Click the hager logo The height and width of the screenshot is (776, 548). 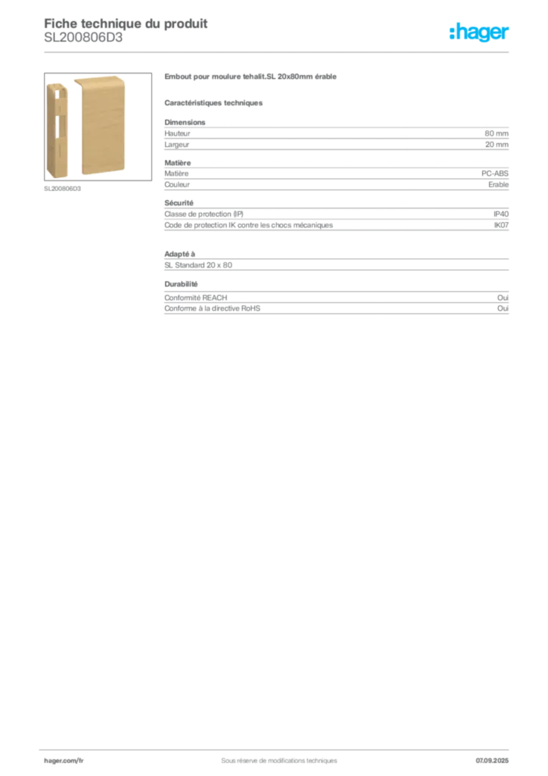tap(479, 33)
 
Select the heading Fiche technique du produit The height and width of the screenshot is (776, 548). tap(126, 23)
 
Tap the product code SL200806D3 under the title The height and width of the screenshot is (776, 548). tap(83, 38)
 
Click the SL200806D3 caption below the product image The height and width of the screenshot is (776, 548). tap(62, 189)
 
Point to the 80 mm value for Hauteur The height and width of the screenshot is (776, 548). tap(496, 133)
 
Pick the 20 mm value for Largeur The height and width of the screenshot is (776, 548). tap(497, 145)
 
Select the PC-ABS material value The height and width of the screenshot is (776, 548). tap(494, 174)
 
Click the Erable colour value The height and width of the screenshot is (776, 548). tap(498, 185)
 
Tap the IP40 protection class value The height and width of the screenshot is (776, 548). tap(501, 214)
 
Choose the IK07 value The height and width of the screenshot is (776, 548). tap(501, 225)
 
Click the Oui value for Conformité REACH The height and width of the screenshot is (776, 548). tap(503, 297)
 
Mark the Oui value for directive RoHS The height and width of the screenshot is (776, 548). tap(503, 308)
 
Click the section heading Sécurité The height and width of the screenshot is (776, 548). tap(179, 203)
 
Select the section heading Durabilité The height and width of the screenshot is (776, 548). tap(181, 284)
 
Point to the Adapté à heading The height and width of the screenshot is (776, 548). tap(180, 254)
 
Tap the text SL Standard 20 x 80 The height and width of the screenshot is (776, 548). tap(198, 265)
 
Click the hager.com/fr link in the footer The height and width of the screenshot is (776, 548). tap(64, 761)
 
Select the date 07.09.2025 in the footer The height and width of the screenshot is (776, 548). tap(492, 761)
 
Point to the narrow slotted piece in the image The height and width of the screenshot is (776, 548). tap(57, 130)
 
